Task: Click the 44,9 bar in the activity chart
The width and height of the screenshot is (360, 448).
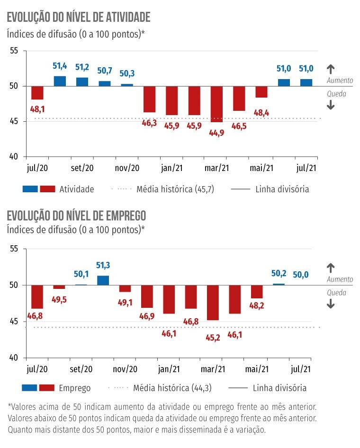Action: [217, 104]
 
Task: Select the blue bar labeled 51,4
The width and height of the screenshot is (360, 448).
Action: [60, 81]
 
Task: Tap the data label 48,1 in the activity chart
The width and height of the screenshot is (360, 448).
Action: [37, 108]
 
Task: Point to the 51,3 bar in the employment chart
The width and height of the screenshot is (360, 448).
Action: [103, 280]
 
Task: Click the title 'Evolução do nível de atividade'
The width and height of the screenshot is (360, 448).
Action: [78, 18]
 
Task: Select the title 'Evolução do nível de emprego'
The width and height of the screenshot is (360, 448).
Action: [76, 215]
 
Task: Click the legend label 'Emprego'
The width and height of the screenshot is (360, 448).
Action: [75, 388]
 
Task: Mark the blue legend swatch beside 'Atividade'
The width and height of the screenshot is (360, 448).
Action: [30, 189]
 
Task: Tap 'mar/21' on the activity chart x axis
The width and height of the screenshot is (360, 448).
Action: [216, 168]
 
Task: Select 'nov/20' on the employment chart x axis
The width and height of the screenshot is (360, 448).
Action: [126, 368]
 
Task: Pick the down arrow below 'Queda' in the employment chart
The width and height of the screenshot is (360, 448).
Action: [331, 305]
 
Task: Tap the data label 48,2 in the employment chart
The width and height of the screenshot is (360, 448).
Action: [257, 305]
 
